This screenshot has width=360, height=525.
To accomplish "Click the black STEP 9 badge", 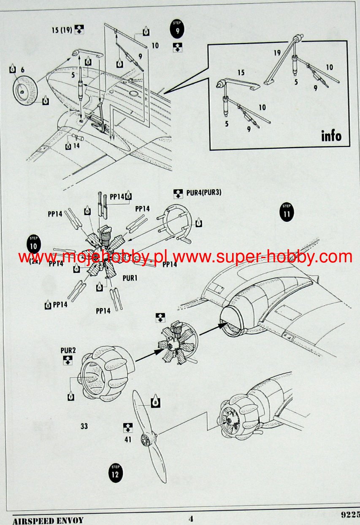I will pyautogui.click(x=177, y=29).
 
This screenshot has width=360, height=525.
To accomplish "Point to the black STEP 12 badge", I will pyautogui.click(x=115, y=472).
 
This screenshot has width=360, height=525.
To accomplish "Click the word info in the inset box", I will pyautogui.click(x=331, y=136).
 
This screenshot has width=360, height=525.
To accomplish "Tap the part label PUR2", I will pyautogui.click(x=68, y=350).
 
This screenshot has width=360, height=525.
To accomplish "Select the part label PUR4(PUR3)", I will pyautogui.click(x=203, y=193).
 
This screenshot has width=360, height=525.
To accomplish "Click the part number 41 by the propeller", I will pyautogui.click(x=128, y=439).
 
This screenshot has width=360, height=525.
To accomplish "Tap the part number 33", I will pyautogui.click(x=84, y=427).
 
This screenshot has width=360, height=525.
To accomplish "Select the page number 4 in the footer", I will pyautogui.click(x=191, y=519).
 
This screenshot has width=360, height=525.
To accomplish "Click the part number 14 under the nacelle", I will pyautogui.click(x=76, y=146).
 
